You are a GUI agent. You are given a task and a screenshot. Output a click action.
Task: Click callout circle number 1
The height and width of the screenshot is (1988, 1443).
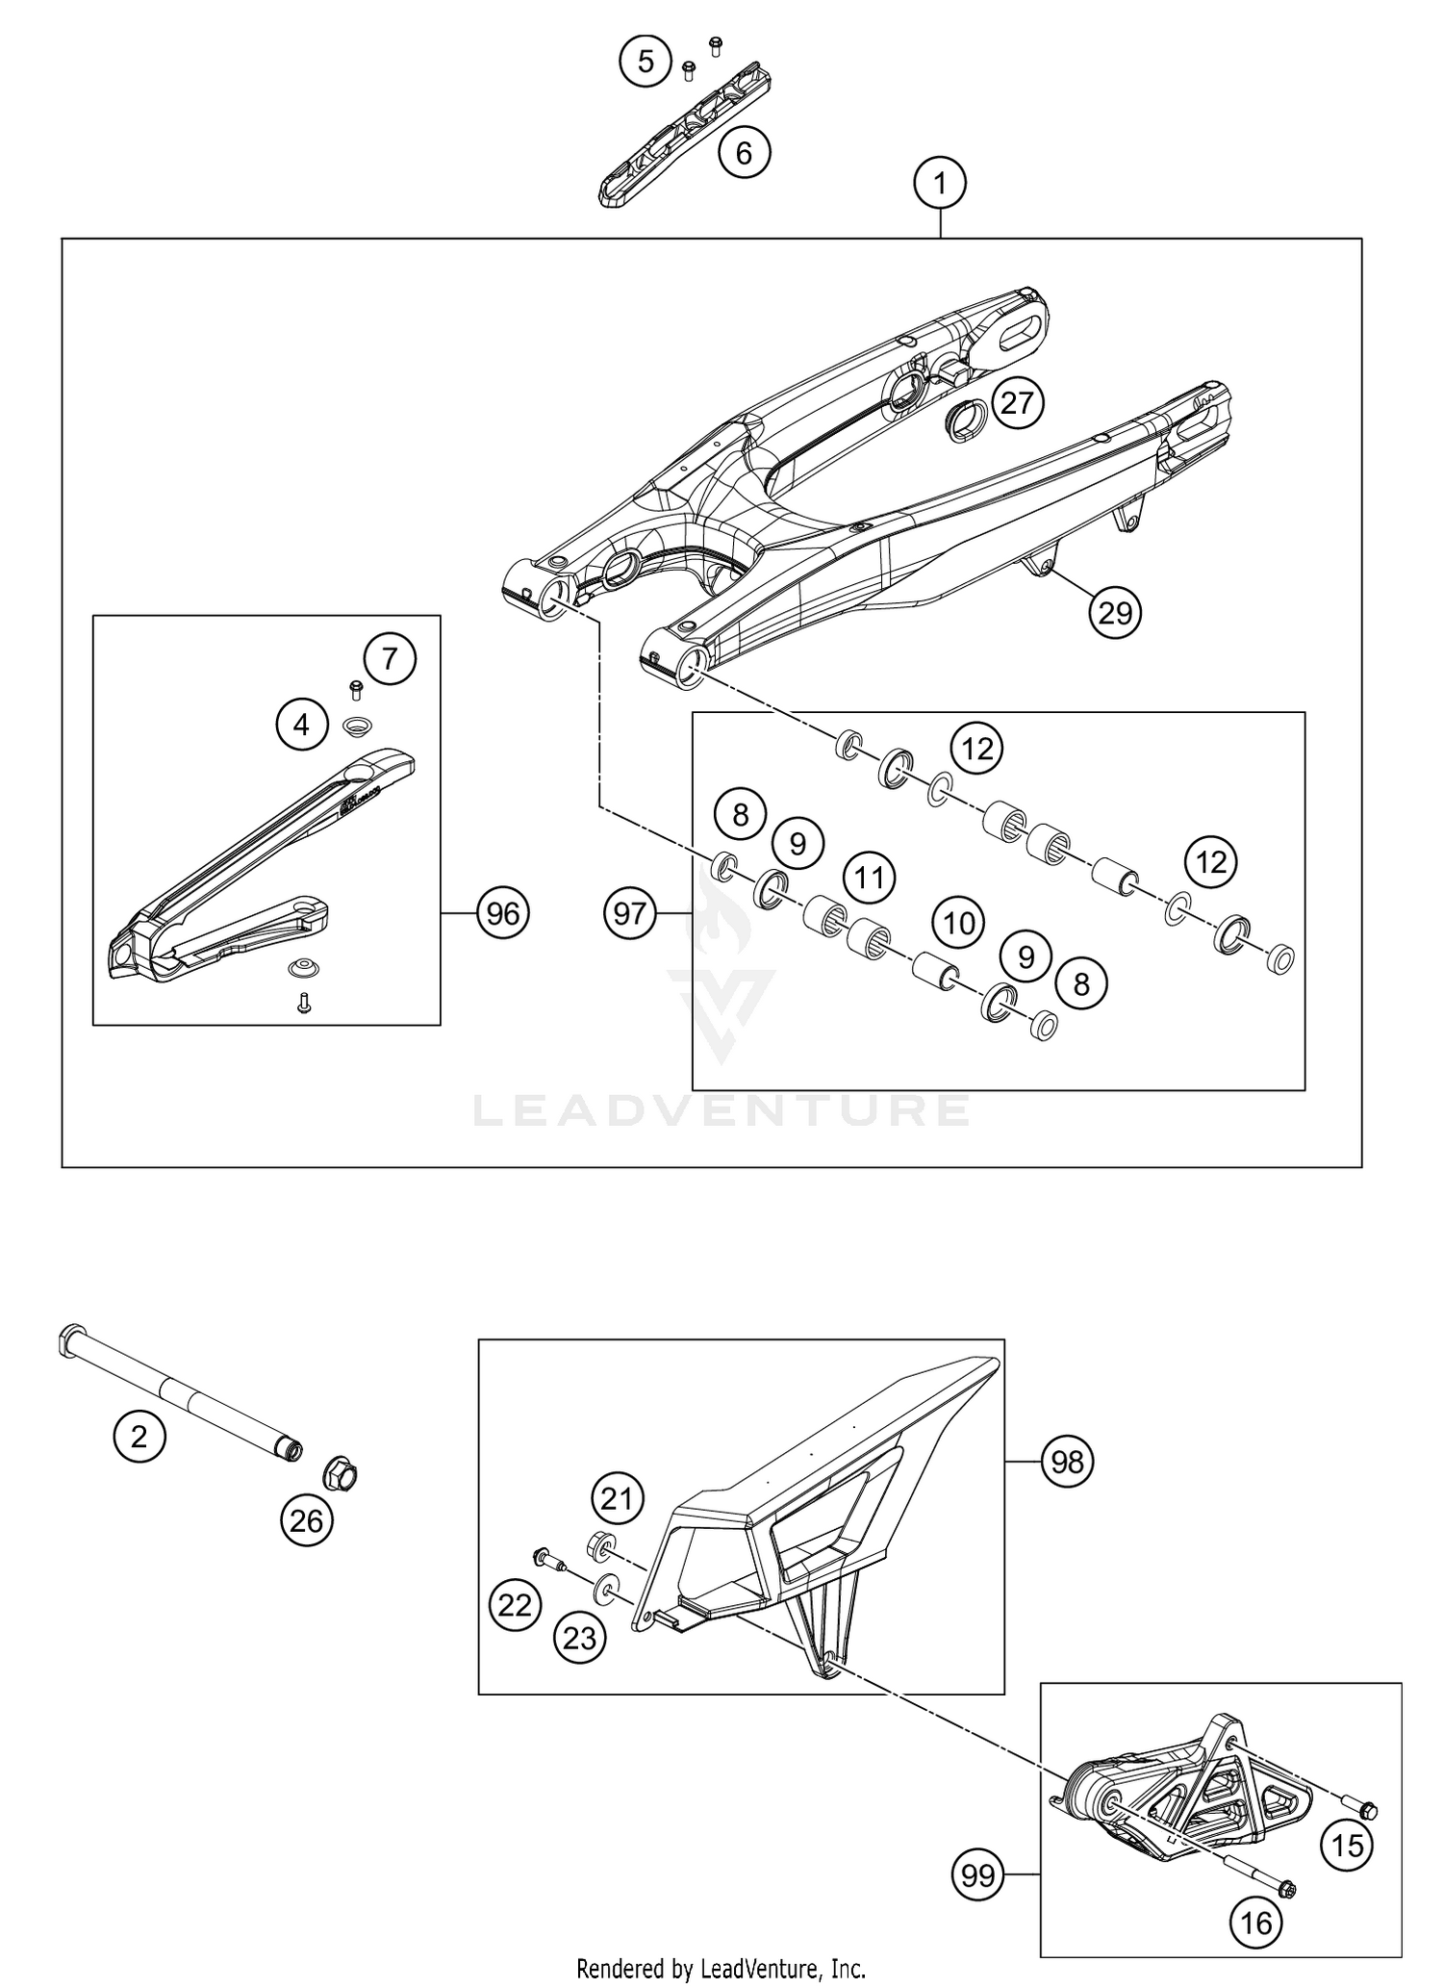pos(940,183)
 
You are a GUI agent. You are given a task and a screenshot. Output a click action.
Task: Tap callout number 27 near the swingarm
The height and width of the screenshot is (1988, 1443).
pos(1017,402)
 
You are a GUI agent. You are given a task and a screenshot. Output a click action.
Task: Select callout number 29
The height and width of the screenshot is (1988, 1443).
pos(1115,612)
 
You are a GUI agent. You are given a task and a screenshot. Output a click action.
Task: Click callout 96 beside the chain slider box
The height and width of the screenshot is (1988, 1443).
pos(503,912)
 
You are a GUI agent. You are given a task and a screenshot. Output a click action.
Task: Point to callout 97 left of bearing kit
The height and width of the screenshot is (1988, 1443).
pos(630,912)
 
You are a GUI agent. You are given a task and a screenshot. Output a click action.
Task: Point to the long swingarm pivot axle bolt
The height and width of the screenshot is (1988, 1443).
pos(183,1392)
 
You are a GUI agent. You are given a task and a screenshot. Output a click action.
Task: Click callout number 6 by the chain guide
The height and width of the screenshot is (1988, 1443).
pos(745,152)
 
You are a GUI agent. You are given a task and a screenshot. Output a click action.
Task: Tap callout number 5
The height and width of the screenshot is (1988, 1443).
pos(646,62)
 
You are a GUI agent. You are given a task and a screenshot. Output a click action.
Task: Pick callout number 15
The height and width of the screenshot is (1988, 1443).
pos(1348,1845)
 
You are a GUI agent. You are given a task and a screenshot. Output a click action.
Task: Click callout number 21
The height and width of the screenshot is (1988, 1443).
pos(617,1498)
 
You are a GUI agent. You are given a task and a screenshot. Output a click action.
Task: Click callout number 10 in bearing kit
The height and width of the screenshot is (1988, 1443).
pos(959,924)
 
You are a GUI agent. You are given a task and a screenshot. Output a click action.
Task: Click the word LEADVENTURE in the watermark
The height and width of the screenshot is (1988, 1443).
pos(721,1110)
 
